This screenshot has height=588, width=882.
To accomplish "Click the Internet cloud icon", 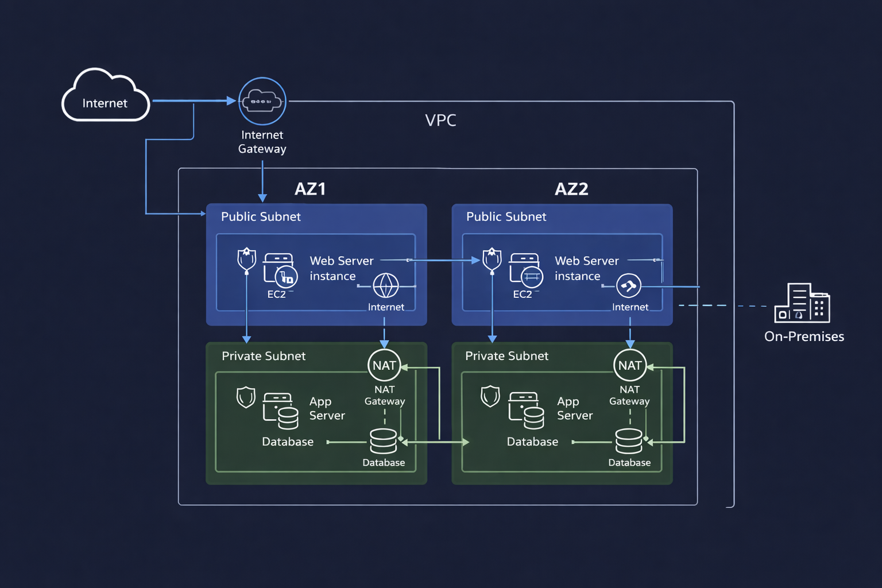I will pos(105,96).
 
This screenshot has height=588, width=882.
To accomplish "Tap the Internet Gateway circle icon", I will pos(262,101).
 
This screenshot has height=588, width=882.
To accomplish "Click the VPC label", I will pos(440,120).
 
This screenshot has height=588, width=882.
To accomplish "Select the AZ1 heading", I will pos(310,189).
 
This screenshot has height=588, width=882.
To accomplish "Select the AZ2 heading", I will pos(571,189).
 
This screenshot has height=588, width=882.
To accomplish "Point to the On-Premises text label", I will pos(804,336).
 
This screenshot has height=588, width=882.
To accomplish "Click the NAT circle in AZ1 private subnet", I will pos(384,365).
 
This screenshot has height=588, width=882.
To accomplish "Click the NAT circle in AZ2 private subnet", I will pos(630,365).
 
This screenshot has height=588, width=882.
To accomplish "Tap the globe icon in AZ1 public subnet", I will pos(386,285).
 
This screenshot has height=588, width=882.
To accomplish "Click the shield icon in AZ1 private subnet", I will pos(246,397).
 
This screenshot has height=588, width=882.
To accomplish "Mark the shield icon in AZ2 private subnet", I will pos(490,396).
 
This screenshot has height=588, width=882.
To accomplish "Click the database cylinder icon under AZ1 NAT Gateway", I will pos(383,442).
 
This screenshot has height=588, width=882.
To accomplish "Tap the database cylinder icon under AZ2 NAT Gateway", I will pos(629,442).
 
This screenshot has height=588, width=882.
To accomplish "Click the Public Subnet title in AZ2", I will pos(506,216).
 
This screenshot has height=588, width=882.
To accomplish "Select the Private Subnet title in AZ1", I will pos(264,356).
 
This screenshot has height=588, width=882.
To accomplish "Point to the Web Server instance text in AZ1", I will pos(341,268).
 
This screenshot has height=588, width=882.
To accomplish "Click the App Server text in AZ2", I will pos(574,408).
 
